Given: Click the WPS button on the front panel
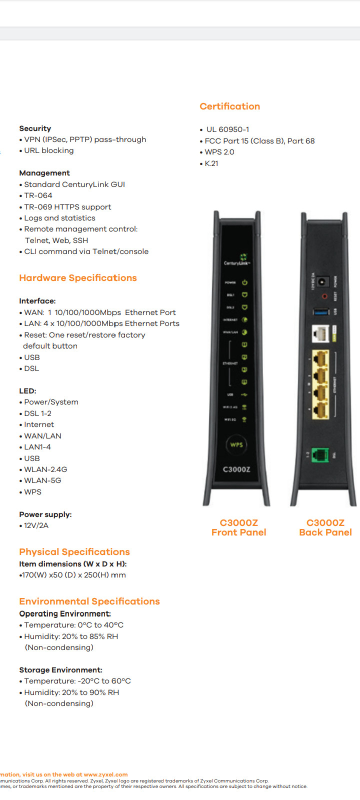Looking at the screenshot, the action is pyautogui.click(x=236, y=444).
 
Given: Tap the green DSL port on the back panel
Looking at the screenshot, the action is pyautogui.click(x=320, y=455).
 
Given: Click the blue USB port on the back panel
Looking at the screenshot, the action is pyautogui.click(x=320, y=312).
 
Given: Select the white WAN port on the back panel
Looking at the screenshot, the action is pyautogui.click(x=320, y=333).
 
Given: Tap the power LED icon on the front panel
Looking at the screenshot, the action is pyautogui.click(x=244, y=282).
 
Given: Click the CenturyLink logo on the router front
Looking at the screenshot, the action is pyautogui.click(x=237, y=260).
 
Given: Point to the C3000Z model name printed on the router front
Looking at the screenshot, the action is pyautogui.click(x=236, y=469).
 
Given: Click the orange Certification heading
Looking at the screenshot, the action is pyautogui.click(x=229, y=106).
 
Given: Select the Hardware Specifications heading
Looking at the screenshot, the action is pyautogui.click(x=78, y=278).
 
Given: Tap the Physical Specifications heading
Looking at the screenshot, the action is pyautogui.click(x=74, y=552).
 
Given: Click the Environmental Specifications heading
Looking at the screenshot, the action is pyautogui.click(x=89, y=601).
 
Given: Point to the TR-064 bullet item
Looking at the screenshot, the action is pyautogui.click(x=38, y=195).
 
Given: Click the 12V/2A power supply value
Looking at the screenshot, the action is pyautogui.click(x=36, y=525).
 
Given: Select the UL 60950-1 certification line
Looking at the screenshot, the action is pyautogui.click(x=227, y=129).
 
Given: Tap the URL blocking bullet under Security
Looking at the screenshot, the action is pyautogui.click(x=49, y=150).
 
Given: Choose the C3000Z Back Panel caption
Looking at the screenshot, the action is pyautogui.click(x=325, y=527).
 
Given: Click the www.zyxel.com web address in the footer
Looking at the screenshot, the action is pyautogui.click(x=105, y=774).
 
